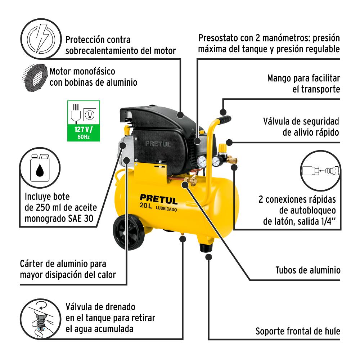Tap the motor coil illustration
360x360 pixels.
click(35, 77)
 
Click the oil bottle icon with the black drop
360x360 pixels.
click(40, 167)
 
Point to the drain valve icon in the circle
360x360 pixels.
click(41, 319)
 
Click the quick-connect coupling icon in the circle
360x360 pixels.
click(320, 171)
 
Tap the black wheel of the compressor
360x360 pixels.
click(129, 232)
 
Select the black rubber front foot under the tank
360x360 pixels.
click(206, 248)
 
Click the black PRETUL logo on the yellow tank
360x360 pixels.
click(159, 199)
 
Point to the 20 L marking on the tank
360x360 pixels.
click(146, 205)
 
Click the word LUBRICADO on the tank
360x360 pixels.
click(166, 209)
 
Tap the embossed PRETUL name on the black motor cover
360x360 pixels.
click(158, 144)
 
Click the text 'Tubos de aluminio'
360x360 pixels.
click(308, 270)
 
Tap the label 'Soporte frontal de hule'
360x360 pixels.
click(298, 331)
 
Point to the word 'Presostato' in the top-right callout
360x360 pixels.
click(218, 38)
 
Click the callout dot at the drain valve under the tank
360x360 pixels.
click(183, 239)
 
